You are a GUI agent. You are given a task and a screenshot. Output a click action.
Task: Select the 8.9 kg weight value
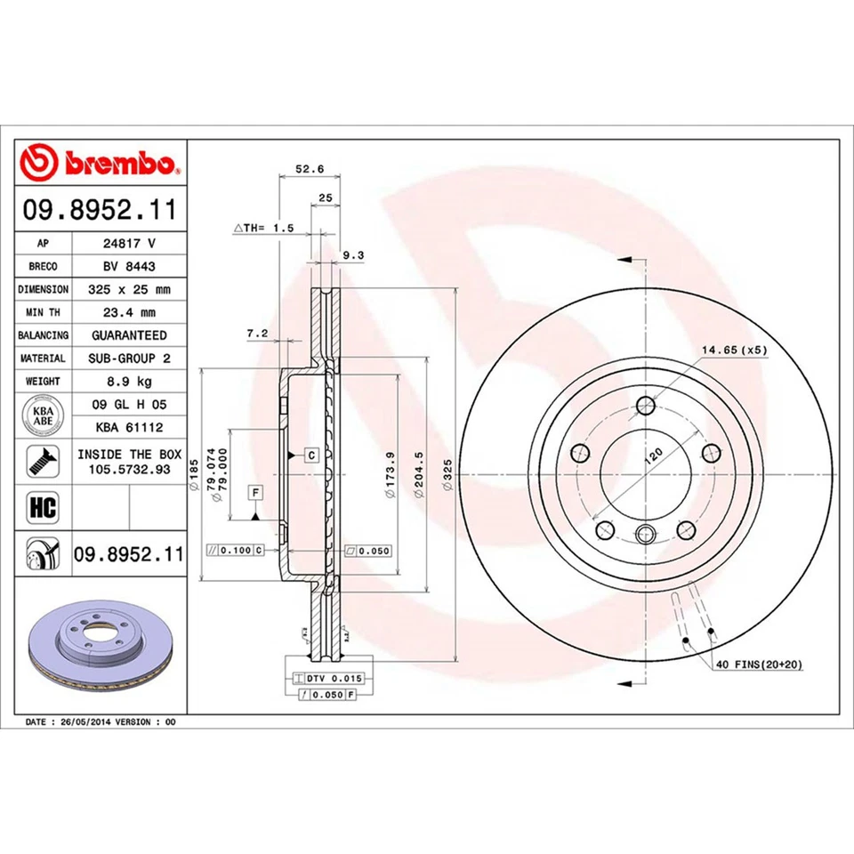click(x=129, y=381)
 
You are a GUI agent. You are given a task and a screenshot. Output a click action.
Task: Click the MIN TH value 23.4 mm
click(x=129, y=312)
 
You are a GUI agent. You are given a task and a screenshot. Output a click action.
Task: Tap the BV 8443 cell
click(x=129, y=266)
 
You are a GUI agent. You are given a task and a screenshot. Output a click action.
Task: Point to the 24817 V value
click(x=129, y=243)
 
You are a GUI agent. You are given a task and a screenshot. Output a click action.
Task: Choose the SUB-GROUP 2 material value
click(x=129, y=358)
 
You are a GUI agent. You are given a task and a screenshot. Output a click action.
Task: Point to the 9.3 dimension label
click(x=353, y=255)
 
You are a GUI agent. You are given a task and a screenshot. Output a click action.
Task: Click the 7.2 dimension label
click(x=256, y=333)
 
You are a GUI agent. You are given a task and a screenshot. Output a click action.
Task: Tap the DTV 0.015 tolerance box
click(x=324, y=679)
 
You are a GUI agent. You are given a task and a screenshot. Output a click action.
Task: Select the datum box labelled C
click(x=311, y=455)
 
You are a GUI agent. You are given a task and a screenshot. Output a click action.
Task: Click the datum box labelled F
click(x=254, y=492)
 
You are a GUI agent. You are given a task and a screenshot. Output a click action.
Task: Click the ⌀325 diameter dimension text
click(x=447, y=471)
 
